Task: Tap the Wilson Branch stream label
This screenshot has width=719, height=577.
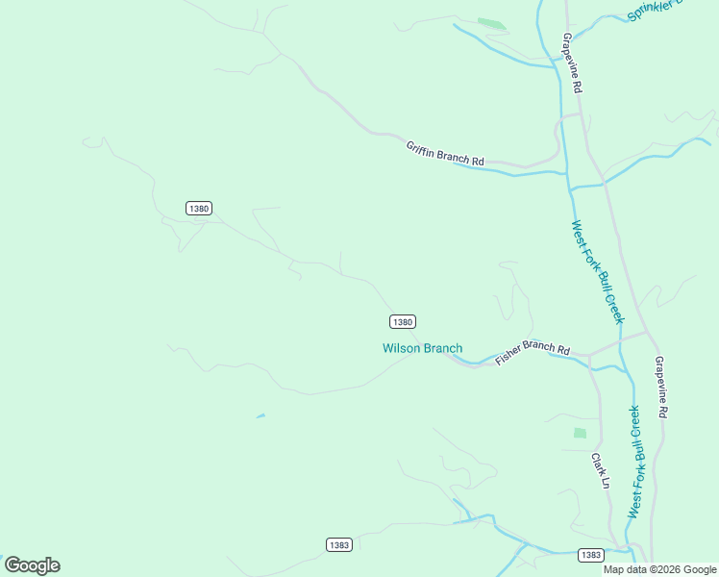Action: point(422,348)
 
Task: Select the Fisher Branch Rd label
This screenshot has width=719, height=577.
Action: point(533,355)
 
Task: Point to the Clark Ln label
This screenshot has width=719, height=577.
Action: point(600,470)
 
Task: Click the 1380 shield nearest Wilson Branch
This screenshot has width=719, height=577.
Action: point(403,321)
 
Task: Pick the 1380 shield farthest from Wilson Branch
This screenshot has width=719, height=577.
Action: point(198,208)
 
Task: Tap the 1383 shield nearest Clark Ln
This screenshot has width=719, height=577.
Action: point(591,555)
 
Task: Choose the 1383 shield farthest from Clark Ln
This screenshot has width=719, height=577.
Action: point(338,544)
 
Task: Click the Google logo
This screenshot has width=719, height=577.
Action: point(32,565)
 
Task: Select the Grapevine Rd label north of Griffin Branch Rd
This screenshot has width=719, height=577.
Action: point(573,63)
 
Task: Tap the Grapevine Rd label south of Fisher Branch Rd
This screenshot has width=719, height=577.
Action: point(660,387)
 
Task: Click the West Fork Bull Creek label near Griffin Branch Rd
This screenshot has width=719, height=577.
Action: point(597,271)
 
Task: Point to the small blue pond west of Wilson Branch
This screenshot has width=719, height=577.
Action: point(260,416)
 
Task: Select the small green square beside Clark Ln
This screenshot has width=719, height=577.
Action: point(580,434)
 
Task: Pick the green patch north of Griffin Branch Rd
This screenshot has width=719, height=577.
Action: point(491,23)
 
